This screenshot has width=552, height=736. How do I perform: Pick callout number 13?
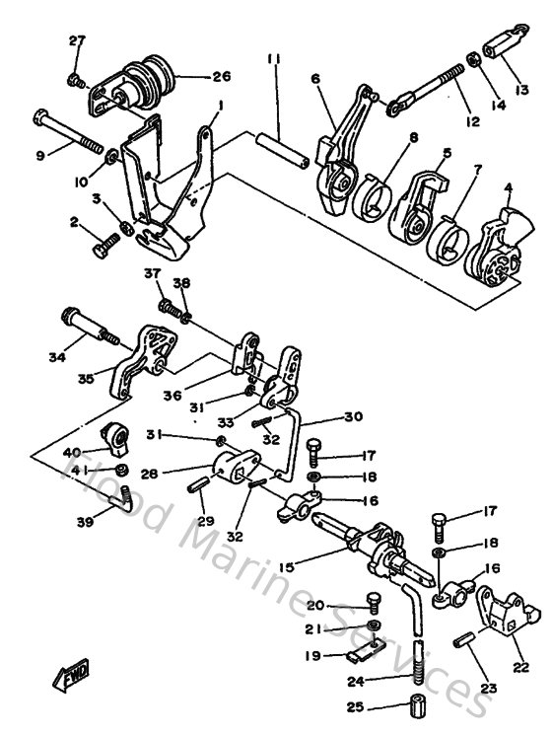click(x=520, y=90)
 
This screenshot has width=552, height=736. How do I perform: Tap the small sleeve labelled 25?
click(x=417, y=708)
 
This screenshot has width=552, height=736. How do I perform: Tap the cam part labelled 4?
click(x=495, y=236)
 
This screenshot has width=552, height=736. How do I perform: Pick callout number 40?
click(x=74, y=452)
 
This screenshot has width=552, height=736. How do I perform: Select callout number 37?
click(x=152, y=272)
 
